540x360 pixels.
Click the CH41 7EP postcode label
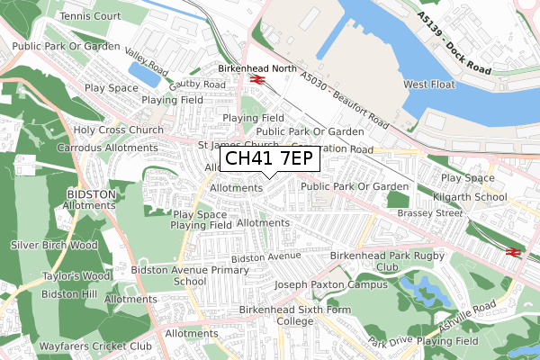point(269,159)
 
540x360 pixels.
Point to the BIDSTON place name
point(91,194)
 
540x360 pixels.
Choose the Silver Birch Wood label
point(54,245)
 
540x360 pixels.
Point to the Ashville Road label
point(467,315)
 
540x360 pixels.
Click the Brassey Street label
point(435,214)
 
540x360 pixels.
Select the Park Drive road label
point(389,342)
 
